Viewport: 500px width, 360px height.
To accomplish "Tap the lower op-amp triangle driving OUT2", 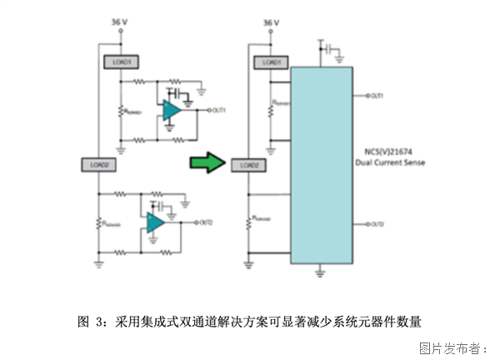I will (156, 222).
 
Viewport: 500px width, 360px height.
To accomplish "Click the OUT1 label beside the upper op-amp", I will (219, 109).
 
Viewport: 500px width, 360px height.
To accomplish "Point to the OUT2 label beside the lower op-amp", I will (207, 222).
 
